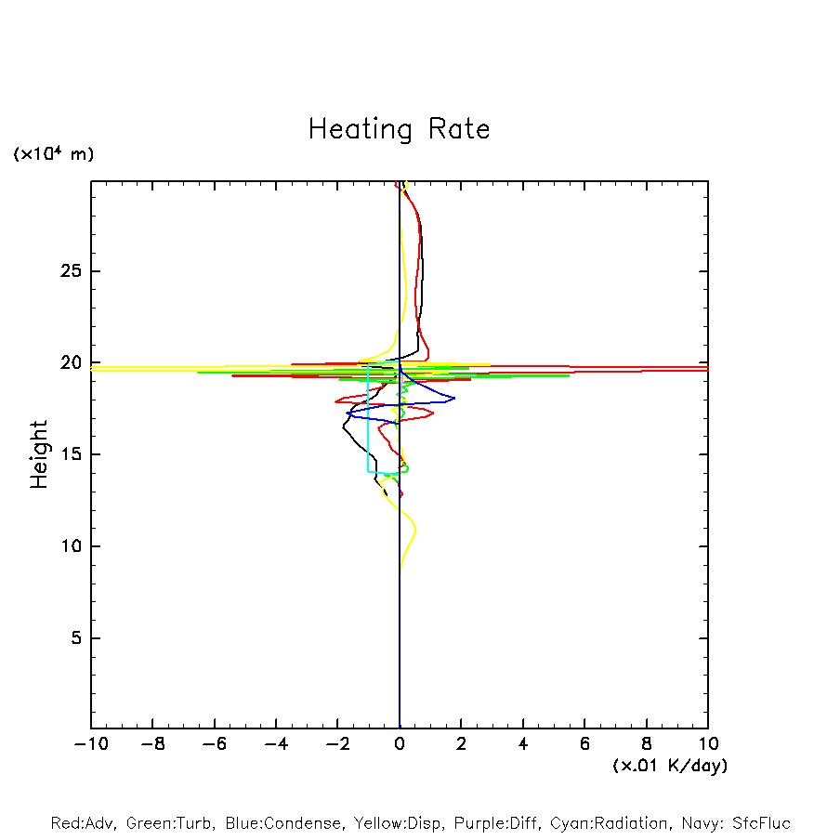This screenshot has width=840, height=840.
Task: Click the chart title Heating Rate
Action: (x=399, y=129)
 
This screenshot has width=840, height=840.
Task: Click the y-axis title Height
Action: (x=39, y=454)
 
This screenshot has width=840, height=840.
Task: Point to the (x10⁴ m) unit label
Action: (x=53, y=154)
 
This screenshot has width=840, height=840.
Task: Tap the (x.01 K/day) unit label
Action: (x=669, y=766)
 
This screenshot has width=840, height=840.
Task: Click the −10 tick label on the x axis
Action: (x=91, y=744)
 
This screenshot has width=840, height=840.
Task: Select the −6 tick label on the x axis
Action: (x=214, y=744)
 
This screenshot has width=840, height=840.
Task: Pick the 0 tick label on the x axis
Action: (x=400, y=744)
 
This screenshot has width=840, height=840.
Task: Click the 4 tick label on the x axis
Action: (x=523, y=744)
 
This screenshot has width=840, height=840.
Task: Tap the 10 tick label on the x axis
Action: (x=707, y=744)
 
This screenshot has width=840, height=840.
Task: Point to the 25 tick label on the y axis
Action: (x=72, y=271)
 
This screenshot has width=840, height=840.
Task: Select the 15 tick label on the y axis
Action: (x=72, y=454)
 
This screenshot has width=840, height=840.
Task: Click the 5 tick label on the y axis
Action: (x=77, y=637)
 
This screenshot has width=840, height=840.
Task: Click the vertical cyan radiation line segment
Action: (x=369, y=418)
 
